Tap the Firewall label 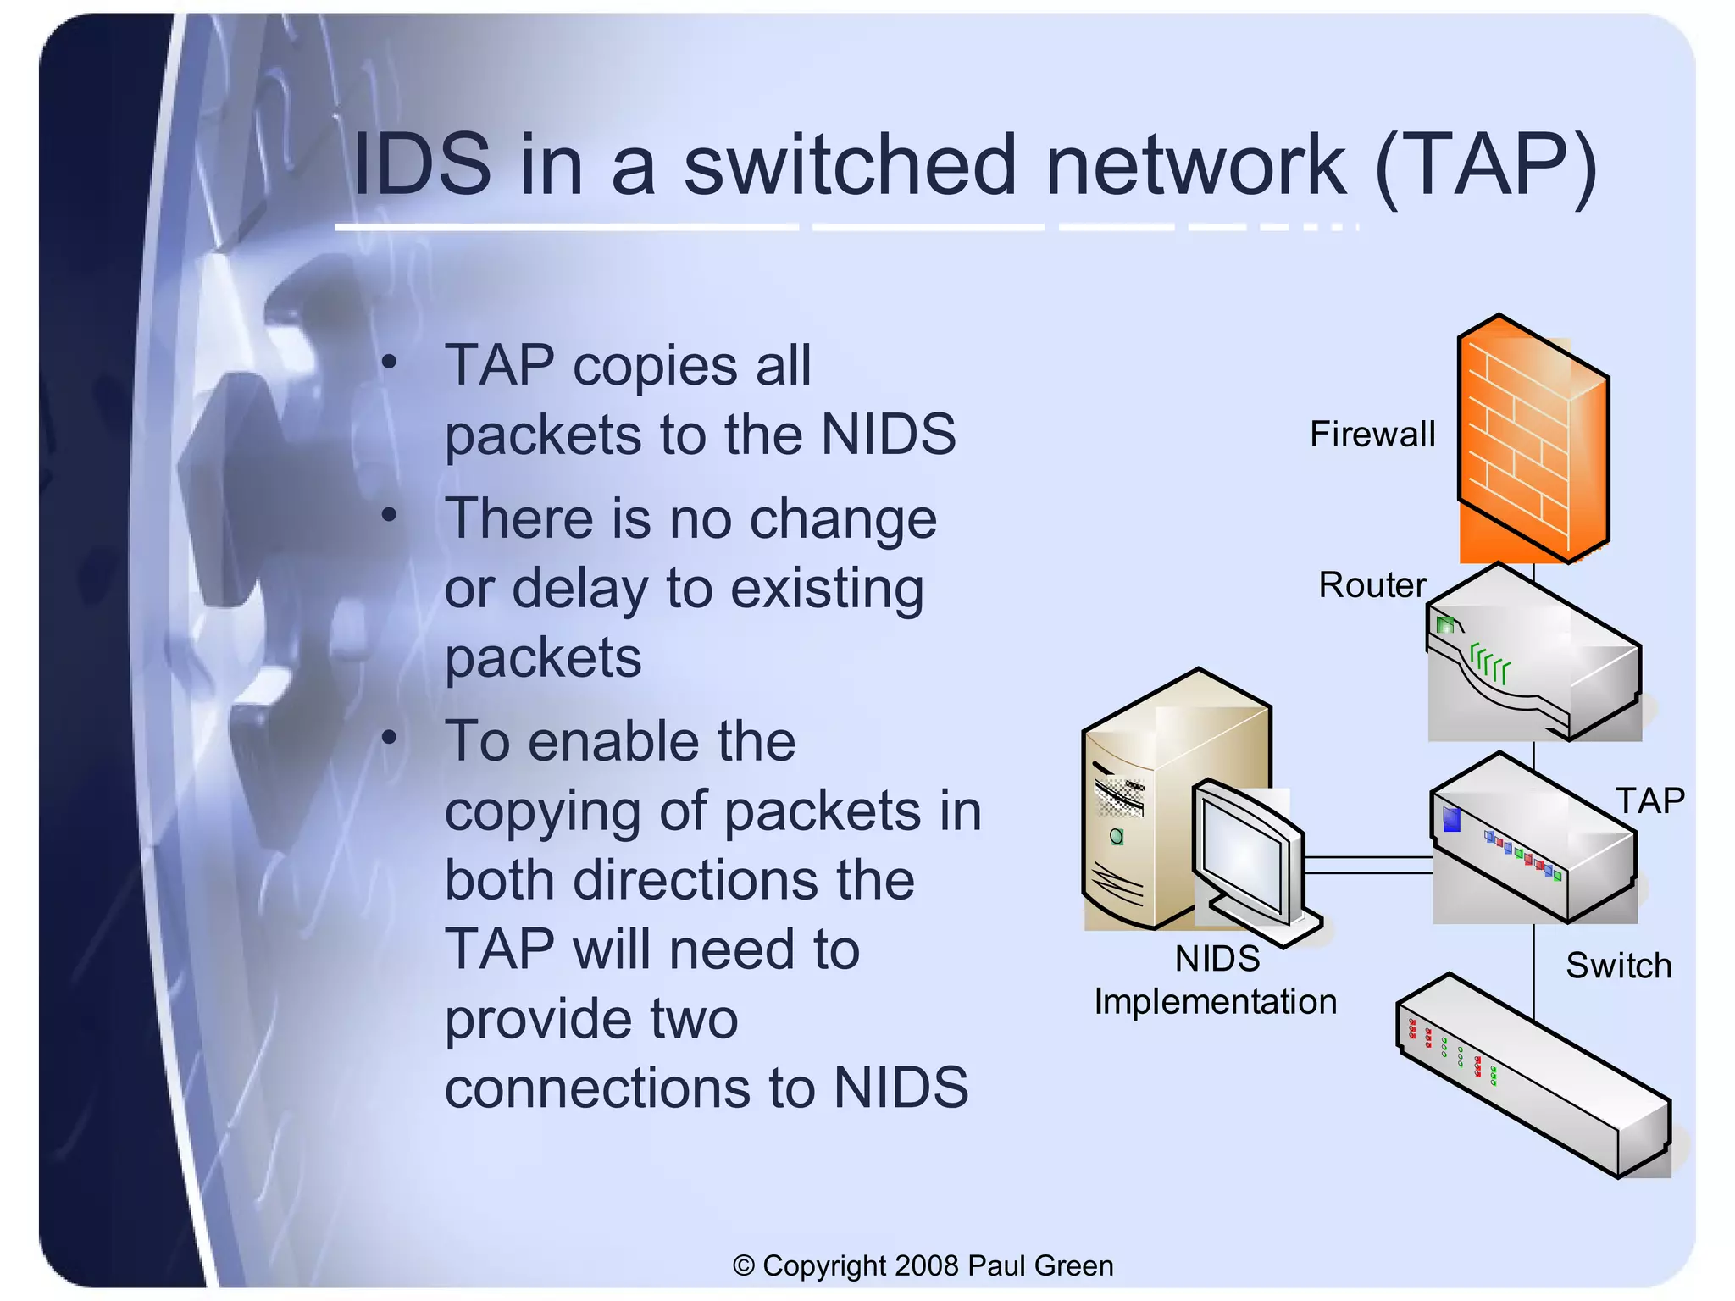1372,435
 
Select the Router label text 1372,585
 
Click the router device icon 1533,656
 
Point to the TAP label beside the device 1649,800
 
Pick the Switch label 1618,966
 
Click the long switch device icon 1533,1076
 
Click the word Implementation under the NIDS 1215,1002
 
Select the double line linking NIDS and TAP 1367,865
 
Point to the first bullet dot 389,363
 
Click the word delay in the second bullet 580,588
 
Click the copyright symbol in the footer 743,1265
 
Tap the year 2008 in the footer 927,1265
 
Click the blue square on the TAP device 1451,819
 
